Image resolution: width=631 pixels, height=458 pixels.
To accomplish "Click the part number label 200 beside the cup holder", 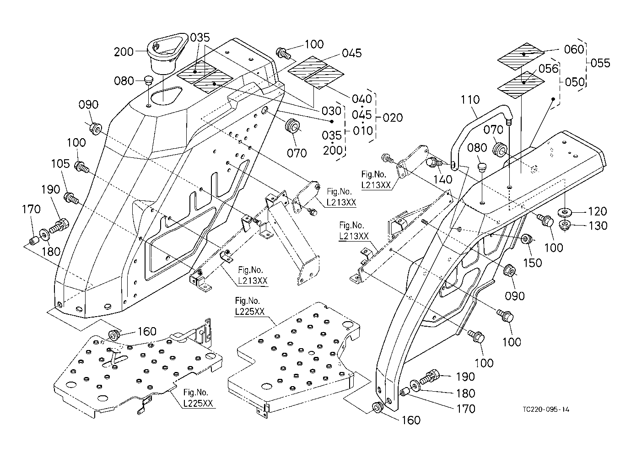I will point(124,52).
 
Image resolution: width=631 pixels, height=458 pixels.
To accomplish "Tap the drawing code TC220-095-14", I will point(547,410).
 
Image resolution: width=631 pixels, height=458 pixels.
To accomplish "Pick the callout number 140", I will point(442,179).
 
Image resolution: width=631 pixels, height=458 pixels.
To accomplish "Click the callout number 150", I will point(533,263).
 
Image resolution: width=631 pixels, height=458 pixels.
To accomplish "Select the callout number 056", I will point(549,68).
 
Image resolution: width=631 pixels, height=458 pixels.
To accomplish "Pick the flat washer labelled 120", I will point(566,212).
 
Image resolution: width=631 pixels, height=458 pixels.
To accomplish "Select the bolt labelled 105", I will point(71,198).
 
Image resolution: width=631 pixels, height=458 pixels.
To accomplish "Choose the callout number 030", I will point(331,111).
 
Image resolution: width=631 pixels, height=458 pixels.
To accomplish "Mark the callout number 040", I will point(361,99).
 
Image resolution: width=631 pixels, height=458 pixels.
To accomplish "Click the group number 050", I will point(575,82).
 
